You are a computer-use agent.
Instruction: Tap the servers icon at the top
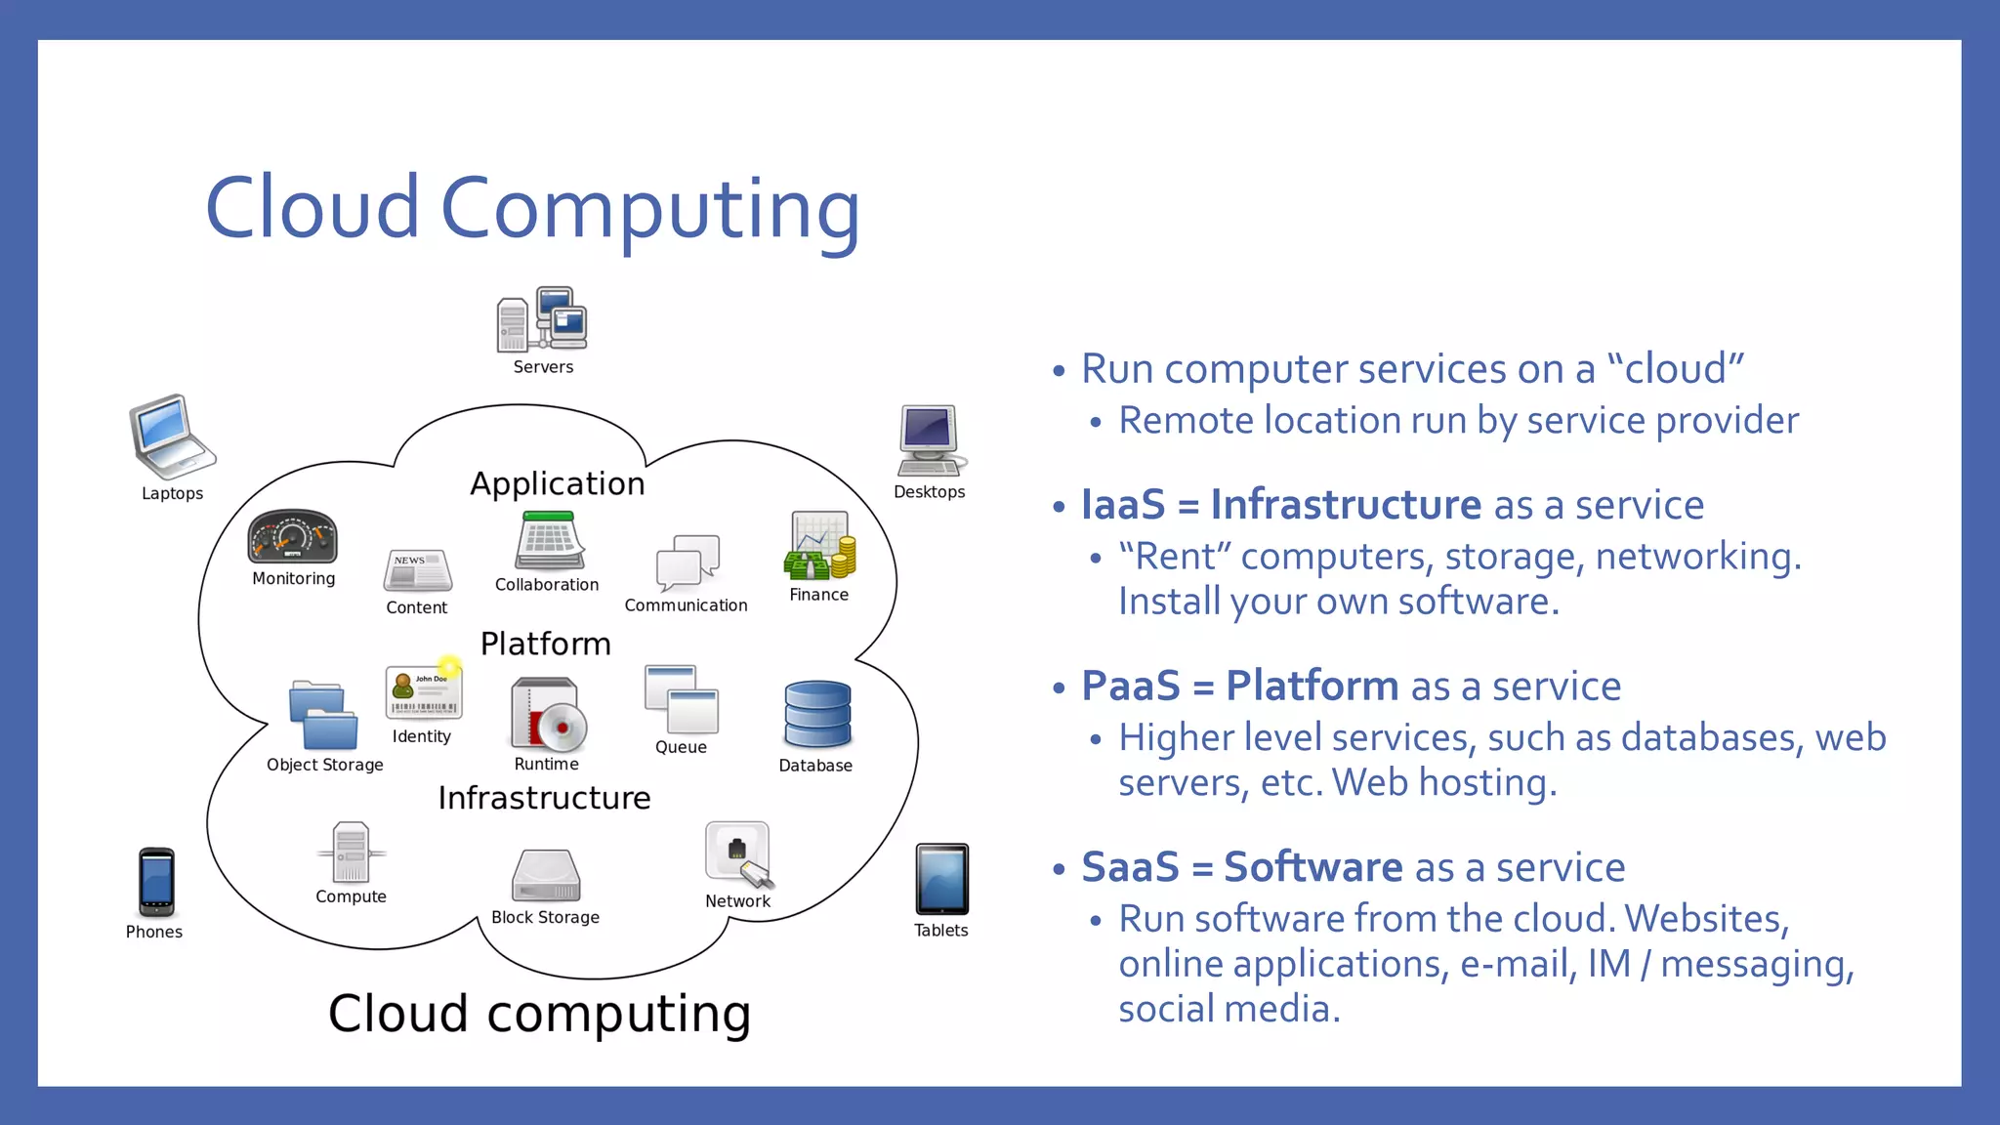(543, 319)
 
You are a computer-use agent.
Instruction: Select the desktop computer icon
(931, 439)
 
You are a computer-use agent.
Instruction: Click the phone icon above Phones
(156, 881)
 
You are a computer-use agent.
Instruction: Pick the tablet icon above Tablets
(941, 879)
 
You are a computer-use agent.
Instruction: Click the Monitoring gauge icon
(292, 536)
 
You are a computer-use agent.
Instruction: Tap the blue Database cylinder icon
(817, 715)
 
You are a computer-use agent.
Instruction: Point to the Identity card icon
(423, 692)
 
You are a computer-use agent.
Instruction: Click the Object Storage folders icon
(323, 716)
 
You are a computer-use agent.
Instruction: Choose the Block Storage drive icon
(546, 875)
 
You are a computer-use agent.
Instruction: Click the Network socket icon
(737, 854)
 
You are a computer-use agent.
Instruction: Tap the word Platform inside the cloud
(545, 644)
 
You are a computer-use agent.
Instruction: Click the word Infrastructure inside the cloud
(544, 798)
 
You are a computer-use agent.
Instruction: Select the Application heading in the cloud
(557, 483)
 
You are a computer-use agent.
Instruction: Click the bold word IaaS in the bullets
(1122, 505)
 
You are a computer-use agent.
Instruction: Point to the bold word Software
(1312, 867)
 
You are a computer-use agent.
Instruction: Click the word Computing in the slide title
(650, 209)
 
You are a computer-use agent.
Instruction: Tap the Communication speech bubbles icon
(687, 562)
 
